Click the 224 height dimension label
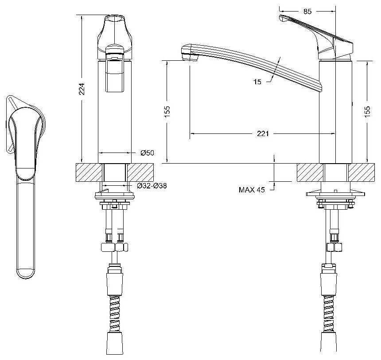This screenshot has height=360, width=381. point(82,89)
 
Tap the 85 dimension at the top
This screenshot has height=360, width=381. point(307,11)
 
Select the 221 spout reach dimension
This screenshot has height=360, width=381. point(263,133)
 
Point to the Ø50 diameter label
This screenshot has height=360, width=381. point(147,153)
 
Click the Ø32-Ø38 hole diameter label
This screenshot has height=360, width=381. point(152,186)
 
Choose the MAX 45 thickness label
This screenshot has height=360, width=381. point(252,190)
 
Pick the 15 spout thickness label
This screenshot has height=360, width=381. point(257,82)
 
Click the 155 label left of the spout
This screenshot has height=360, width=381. point(167,112)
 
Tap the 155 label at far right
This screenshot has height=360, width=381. point(367,112)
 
